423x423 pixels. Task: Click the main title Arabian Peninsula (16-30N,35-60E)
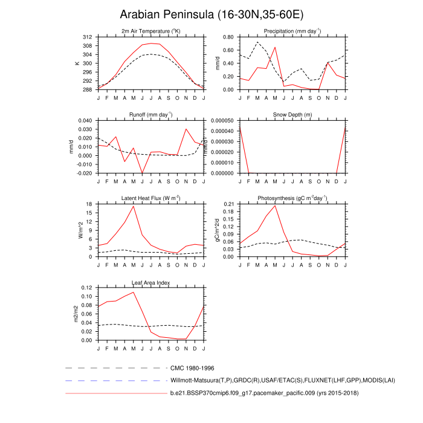(211, 14)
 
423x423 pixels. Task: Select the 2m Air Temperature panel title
(150, 31)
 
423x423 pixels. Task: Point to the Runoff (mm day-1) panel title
(150, 115)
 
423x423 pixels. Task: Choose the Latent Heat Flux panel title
(150, 198)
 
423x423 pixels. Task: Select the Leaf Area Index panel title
(150, 282)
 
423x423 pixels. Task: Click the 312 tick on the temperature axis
(86, 37)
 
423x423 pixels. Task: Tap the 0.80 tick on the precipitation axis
(227, 37)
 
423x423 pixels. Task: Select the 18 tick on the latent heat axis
(89, 204)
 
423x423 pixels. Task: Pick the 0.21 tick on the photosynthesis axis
(227, 204)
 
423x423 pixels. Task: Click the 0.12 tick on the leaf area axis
(86, 288)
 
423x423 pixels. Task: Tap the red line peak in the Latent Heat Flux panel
(134, 207)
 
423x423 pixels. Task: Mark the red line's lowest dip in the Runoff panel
(143, 173)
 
